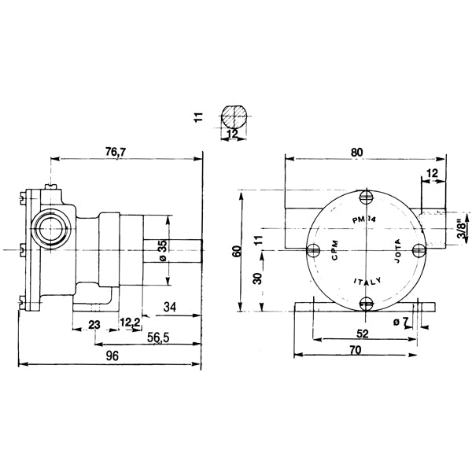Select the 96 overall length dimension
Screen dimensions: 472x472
(x=112, y=356)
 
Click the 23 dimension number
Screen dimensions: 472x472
(x=94, y=323)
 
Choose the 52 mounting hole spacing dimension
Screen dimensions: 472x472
(x=363, y=334)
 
